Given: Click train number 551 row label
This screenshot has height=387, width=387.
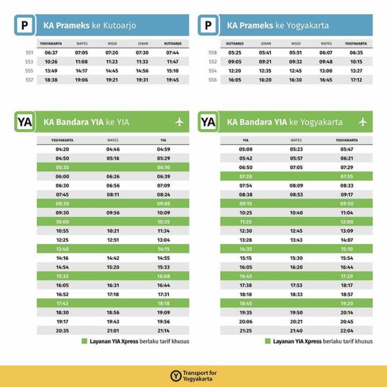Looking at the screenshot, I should click(x=29, y=52).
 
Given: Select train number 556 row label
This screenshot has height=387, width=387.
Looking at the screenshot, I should click(x=213, y=80).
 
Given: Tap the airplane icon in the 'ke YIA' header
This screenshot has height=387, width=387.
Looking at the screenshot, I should click(x=179, y=122).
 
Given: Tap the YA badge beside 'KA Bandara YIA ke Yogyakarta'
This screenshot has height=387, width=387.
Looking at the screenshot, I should click(x=208, y=122).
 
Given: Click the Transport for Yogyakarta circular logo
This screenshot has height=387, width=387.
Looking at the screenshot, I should click(x=175, y=376).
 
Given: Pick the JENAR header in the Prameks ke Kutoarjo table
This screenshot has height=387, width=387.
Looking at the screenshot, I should click(x=142, y=43).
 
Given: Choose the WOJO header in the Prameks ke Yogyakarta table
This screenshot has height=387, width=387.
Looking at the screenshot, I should click(x=296, y=43).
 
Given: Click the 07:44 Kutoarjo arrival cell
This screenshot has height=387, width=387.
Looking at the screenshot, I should click(x=172, y=52).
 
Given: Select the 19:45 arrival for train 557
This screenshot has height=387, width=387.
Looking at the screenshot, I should click(x=172, y=80).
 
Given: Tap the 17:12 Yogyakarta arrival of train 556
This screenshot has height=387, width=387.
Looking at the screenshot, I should click(x=356, y=80).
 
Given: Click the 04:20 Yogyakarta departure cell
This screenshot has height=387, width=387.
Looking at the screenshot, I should click(x=62, y=149).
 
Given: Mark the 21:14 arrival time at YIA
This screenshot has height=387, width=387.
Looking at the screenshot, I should click(x=164, y=331).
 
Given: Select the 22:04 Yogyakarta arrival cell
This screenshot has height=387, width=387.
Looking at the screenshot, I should click(x=347, y=331).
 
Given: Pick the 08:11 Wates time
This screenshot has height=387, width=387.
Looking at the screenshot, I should click(x=112, y=195).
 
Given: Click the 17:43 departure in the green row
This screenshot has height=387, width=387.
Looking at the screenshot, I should click(x=62, y=303).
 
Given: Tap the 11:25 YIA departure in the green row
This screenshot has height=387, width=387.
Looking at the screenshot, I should click(x=246, y=222).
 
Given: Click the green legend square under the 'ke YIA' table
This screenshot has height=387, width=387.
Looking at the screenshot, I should click(x=85, y=341).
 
